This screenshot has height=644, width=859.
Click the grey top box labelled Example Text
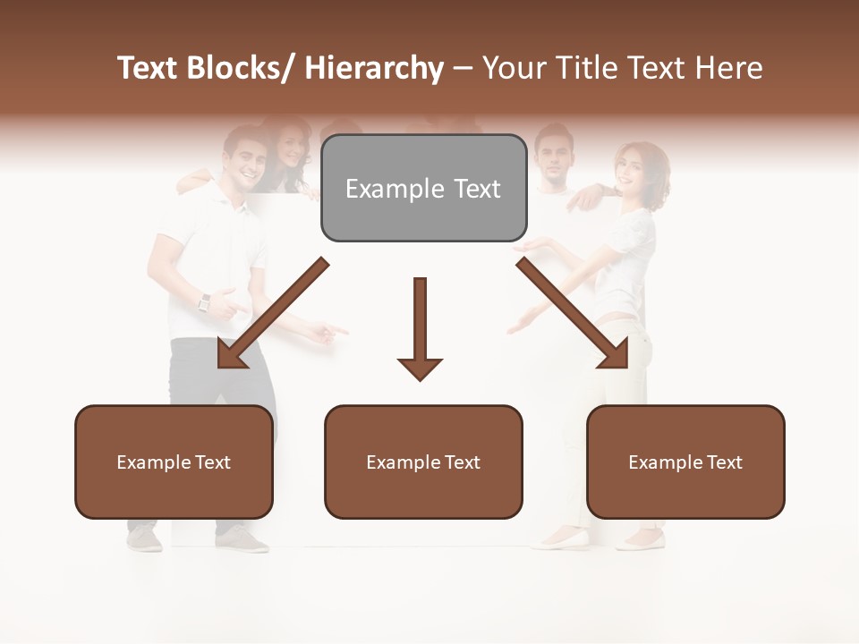[x=423, y=189]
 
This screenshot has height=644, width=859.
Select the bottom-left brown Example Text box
[x=174, y=462]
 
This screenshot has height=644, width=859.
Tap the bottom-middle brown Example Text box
[x=423, y=462]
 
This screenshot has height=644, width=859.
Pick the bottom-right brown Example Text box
[x=685, y=462]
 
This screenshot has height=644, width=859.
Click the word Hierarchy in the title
[x=374, y=68]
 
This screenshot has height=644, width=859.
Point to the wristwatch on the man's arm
[x=204, y=302]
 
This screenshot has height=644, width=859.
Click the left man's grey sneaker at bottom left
[x=144, y=540]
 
